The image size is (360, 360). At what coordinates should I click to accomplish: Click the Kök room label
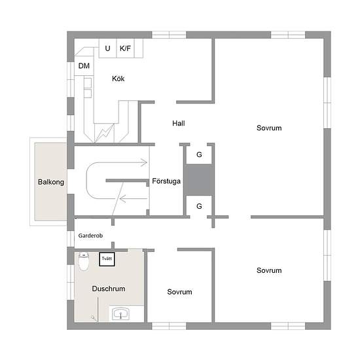click(118, 79)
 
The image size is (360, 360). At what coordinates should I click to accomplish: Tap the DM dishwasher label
click(84, 66)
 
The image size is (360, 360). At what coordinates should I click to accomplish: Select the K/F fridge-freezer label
click(125, 48)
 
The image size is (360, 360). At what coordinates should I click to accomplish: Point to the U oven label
click(107, 48)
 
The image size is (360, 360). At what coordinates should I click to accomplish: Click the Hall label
click(179, 123)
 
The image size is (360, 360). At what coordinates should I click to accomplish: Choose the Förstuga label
click(166, 181)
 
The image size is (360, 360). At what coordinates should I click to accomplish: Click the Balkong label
click(51, 182)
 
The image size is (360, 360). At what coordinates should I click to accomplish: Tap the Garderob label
click(90, 236)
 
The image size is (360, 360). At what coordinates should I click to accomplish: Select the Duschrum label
click(109, 289)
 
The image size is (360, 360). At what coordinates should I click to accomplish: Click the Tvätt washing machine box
click(107, 259)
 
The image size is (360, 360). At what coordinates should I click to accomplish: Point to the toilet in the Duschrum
click(84, 262)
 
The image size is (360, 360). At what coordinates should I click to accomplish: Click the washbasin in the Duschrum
click(120, 314)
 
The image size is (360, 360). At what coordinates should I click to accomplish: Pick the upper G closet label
click(199, 154)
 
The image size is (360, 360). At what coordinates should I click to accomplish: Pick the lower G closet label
click(199, 206)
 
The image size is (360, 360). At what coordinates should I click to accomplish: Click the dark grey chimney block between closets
click(199, 180)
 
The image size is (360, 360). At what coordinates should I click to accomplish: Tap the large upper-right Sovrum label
click(269, 128)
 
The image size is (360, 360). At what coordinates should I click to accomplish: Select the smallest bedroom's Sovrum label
click(179, 292)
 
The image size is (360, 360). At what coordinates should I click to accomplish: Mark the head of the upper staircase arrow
click(146, 162)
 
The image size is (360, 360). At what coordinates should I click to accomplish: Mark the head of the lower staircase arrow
click(120, 198)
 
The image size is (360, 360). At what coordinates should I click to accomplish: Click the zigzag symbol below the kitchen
click(105, 133)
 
